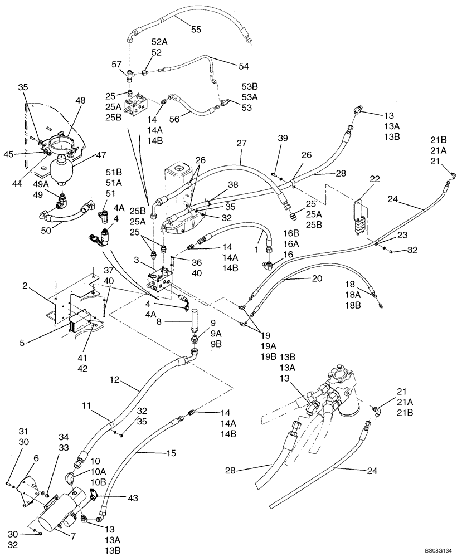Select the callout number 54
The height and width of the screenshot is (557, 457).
point(244,66)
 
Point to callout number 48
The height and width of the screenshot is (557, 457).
point(81,101)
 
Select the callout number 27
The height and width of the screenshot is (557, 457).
point(241,143)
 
